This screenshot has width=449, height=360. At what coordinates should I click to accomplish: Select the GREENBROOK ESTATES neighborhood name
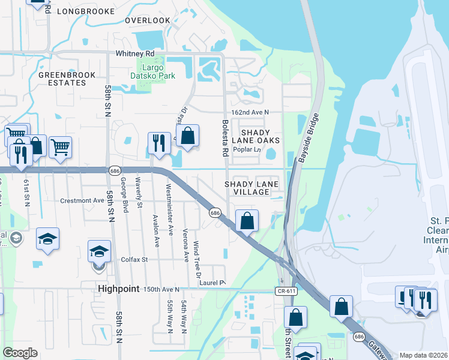click(62, 79)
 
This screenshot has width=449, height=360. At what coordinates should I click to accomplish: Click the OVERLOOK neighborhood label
click(148, 20)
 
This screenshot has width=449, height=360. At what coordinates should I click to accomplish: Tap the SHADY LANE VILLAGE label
click(247, 188)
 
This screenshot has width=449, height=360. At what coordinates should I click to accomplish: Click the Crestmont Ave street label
click(83, 200)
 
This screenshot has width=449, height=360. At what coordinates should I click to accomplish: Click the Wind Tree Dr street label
click(196, 256)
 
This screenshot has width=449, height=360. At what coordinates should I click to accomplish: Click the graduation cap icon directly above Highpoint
click(100, 251)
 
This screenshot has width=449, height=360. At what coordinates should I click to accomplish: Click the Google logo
click(20, 353)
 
